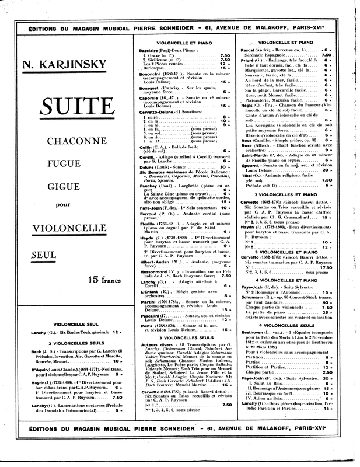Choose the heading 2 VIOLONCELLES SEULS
click(75, 343)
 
